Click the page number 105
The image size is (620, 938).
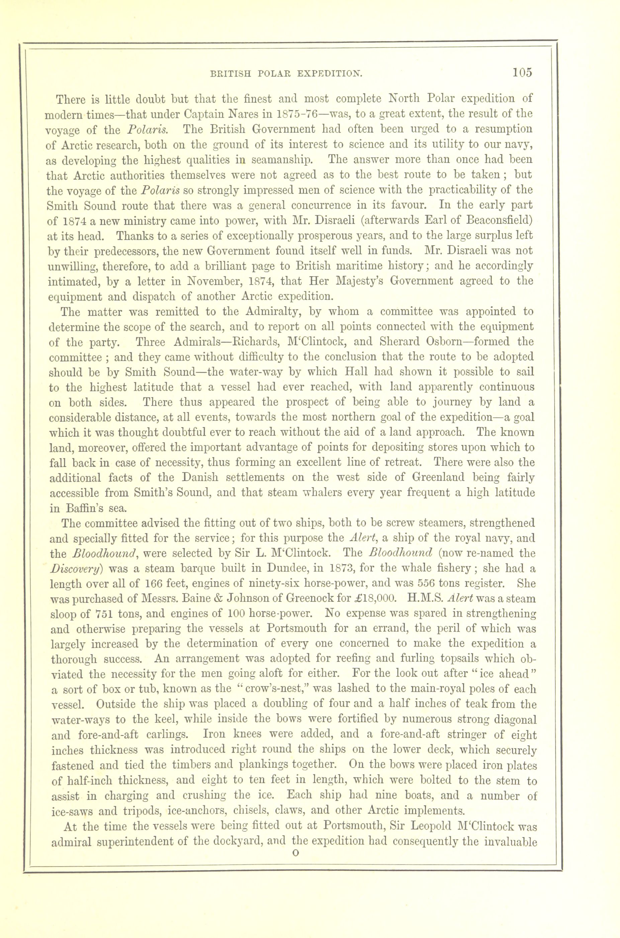(523, 73)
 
